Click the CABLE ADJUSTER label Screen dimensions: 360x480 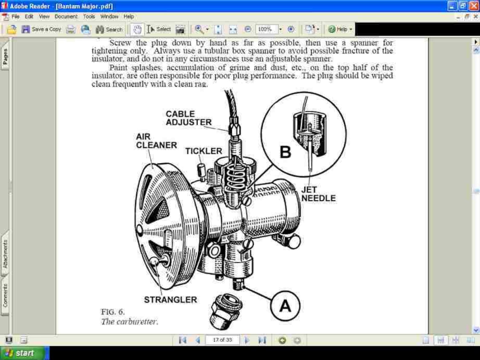pyautogui.click(x=189, y=118)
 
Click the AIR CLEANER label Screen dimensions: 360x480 pyautogui.click(x=156, y=141)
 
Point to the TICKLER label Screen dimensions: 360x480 pyautogui.click(x=203, y=151)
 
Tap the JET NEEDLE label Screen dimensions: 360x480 pyautogui.click(x=318, y=194)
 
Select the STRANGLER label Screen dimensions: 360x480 pyautogui.click(x=170, y=300)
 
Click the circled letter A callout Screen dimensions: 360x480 pyautogui.click(x=285, y=306)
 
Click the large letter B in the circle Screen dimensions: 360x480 pyautogui.click(x=285, y=152)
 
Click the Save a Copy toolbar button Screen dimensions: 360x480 pyautogui.click(x=41, y=29)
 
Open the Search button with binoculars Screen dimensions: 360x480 pyautogui.click(x=109, y=29)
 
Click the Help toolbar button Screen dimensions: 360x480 pyautogui.click(x=340, y=29)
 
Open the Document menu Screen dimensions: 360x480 pyautogui.click(x=66, y=17)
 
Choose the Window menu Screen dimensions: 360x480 pyautogui.click(x=109, y=17)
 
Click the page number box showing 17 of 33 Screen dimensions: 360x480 pyautogui.click(x=222, y=340)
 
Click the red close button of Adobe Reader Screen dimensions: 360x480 pyautogui.click(x=474, y=6)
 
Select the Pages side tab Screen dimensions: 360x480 pyautogui.click(x=5, y=57)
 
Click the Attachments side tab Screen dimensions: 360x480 pyautogui.click(x=5, y=254)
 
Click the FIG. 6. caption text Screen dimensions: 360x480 pyautogui.click(x=112, y=312)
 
